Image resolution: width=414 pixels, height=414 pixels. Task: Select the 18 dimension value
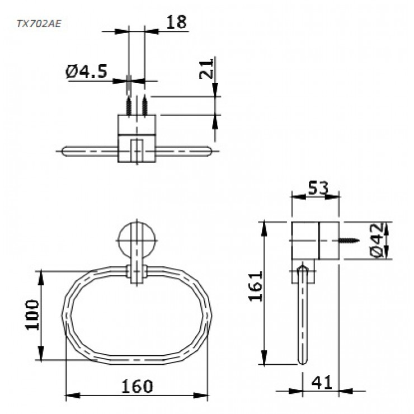pyautogui.click(x=176, y=22)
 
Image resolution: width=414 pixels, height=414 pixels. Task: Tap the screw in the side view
pyautogui.click(x=350, y=241)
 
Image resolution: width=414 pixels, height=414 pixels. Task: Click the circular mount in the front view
pyautogui.click(x=137, y=240)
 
